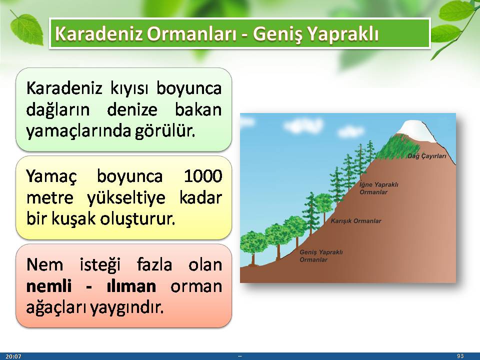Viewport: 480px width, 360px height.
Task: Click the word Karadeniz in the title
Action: pyautogui.click(x=98, y=33)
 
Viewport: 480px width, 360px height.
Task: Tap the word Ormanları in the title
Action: pyautogui.click(x=191, y=33)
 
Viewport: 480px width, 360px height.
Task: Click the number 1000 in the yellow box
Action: pyautogui.click(x=203, y=176)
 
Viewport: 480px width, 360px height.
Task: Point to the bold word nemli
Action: pyautogui.click(x=49, y=286)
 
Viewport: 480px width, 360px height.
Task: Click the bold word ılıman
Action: pyautogui.click(x=131, y=286)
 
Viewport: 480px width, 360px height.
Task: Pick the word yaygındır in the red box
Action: pyautogui.click(x=126, y=307)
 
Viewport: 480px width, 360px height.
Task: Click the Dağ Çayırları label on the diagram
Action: pyautogui.click(x=426, y=156)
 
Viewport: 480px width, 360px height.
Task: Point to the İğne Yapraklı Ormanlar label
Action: pyautogui.click(x=379, y=188)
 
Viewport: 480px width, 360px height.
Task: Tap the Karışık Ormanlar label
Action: pyautogui.click(x=356, y=221)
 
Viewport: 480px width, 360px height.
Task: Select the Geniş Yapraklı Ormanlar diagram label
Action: pyautogui.click(x=321, y=256)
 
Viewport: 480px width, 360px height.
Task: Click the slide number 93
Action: pyautogui.click(x=460, y=356)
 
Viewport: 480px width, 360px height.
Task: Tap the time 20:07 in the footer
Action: pyautogui.click(x=13, y=356)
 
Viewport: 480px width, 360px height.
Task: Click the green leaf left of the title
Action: pyautogui.click(x=26, y=29)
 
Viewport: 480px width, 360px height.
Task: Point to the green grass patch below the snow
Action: pyautogui.click(x=395, y=146)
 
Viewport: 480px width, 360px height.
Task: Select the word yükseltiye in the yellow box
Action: pyautogui.click(x=126, y=198)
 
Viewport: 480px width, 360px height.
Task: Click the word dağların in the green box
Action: pyautogui.click(x=58, y=110)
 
